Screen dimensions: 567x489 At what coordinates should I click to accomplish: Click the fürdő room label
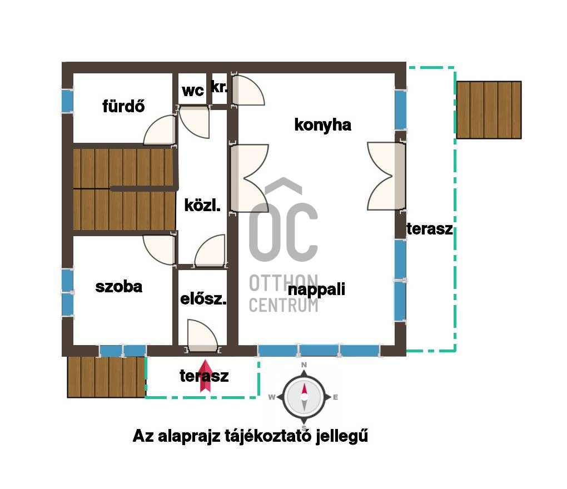pos(123,106)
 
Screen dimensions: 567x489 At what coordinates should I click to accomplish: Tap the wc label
pos(193,91)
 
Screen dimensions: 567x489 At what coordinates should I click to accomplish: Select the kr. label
pos(219,87)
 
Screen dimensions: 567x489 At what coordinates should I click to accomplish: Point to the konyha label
pos(322,125)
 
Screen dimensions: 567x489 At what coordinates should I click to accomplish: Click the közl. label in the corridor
pos(202,205)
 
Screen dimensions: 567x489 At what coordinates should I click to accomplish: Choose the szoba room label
pos(118,287)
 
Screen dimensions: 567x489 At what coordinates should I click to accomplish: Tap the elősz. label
pos(203,298)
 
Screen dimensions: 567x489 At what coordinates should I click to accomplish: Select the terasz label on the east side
pos(430,229)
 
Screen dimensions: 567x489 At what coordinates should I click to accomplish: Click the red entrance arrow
pos(205,376)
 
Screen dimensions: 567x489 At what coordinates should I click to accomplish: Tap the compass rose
pos(304,397)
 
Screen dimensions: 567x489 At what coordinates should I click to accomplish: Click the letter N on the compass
pos(304,365)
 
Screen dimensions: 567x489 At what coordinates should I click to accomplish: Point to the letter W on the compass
pos(272,397)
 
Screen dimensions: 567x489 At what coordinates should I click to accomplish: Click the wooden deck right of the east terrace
pos(489,110)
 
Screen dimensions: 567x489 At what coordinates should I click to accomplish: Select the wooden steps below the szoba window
pos(106,377)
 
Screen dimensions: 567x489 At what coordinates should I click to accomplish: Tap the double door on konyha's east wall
pos(386,176)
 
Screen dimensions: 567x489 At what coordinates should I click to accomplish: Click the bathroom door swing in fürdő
pos(160,130)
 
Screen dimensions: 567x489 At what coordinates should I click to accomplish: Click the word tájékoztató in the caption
pos(267,436)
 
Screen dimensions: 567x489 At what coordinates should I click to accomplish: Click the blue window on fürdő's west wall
pos(67,101)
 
